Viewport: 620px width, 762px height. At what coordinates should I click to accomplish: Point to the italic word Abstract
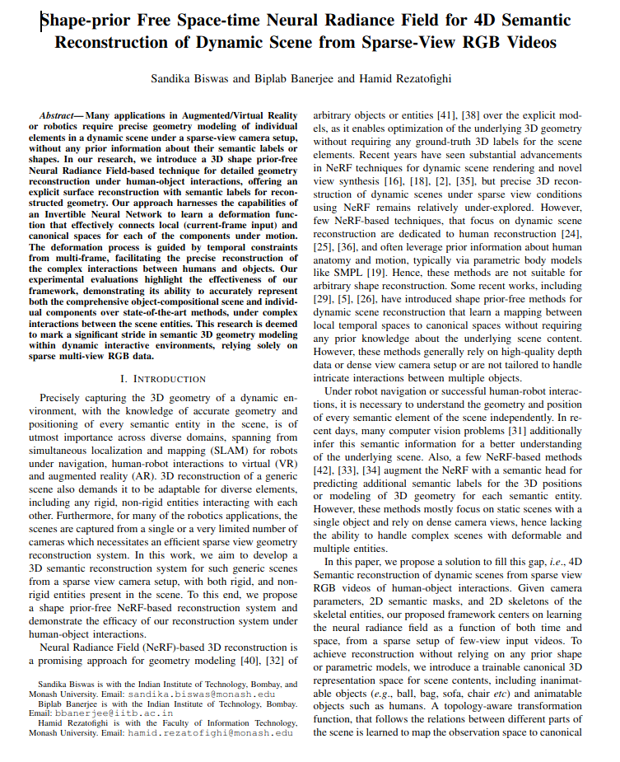pos(60,118)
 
